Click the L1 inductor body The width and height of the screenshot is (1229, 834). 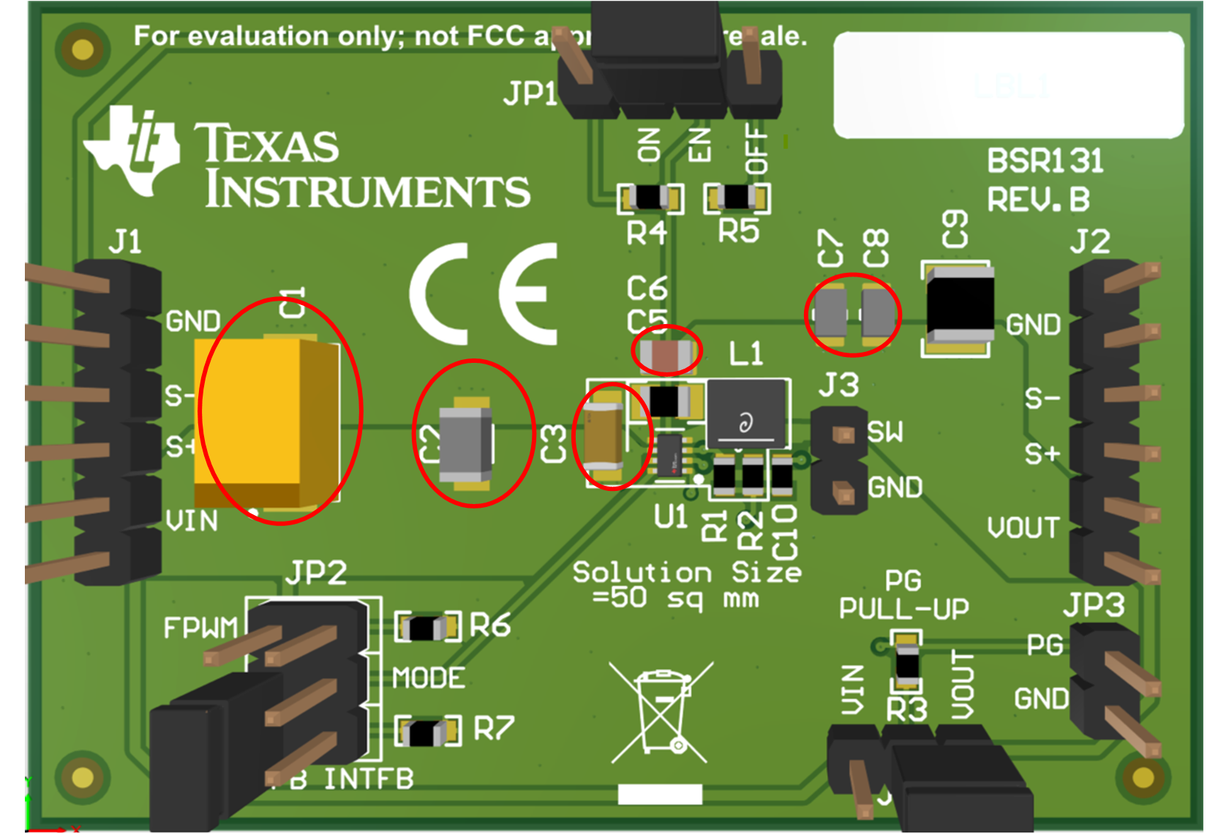click(746, 413)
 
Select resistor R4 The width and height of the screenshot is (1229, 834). click(650, 198)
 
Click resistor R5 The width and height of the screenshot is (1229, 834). click(737, 198)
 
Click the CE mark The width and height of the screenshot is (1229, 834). click(484, 294)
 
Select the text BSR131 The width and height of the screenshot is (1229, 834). click(1045, 161)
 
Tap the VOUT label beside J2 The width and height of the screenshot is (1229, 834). click(1023, 527)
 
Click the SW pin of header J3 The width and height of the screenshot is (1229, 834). click(843, 435)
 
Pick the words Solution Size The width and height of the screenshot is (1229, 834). click(686, 572)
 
